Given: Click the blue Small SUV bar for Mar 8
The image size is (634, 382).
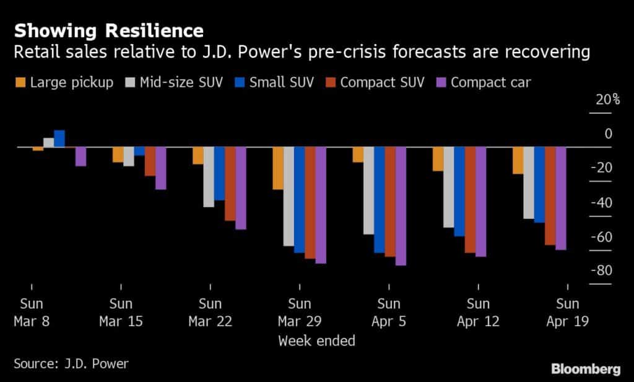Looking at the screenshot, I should pos(59,139).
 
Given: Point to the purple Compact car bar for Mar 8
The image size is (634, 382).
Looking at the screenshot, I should pos(80,157).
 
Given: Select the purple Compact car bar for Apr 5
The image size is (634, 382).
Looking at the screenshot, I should pos(401,206).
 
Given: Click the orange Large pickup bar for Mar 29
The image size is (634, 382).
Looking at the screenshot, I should pos(278,168).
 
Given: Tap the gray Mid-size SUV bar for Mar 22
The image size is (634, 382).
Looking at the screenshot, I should pos(209,177).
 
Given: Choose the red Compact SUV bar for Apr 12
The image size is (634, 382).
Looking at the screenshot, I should pos(470,200).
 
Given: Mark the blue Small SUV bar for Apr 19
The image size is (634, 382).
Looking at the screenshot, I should pos(539,185).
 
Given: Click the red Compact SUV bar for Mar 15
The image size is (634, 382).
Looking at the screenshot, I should pos(150,161).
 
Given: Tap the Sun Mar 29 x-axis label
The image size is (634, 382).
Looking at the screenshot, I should pos(300,313).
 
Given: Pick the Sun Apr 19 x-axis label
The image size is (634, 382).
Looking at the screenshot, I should pos(567,313).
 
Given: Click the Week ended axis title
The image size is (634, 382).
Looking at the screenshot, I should pos(316,340).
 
